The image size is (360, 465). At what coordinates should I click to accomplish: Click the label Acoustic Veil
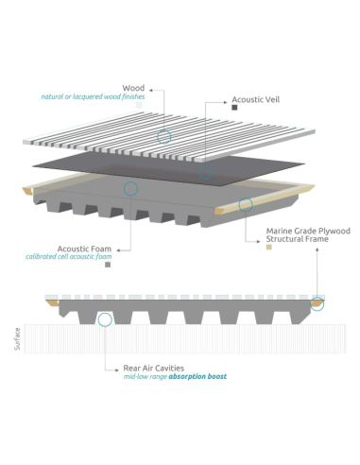coord(257,97)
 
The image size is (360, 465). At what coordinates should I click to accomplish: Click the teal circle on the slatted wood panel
coord(163,137)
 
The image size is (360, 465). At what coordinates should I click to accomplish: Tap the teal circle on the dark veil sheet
coord(204,174)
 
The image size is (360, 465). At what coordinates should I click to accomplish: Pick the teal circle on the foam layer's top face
coord(131,189)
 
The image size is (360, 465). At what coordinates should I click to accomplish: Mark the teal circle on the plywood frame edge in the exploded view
coord(246,203)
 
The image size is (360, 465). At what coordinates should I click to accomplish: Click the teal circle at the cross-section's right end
coord(317,303)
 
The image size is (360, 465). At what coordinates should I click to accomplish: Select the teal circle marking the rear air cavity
coord(104,319)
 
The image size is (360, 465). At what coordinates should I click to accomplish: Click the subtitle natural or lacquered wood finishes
coord(93,96)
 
